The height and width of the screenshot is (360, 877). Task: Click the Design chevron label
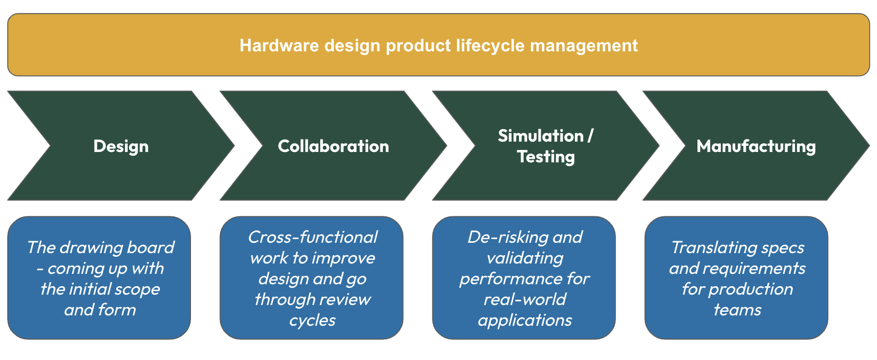click(121, 146)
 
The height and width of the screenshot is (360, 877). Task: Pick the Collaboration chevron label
click(333, 146)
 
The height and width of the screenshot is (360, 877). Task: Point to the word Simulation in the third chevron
click(540, 136)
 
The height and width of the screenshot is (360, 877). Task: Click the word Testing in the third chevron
click(546, 157)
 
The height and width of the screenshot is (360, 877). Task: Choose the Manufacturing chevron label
click(756, 146)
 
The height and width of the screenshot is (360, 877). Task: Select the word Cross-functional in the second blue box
click(312, 237)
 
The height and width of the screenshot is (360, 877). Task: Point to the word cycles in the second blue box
click(312, 320)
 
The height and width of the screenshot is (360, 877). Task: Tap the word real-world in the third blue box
click(525, 299)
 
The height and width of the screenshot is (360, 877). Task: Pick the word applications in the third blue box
click(525, 320)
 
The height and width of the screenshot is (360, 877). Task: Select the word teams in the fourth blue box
click(737, 310)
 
